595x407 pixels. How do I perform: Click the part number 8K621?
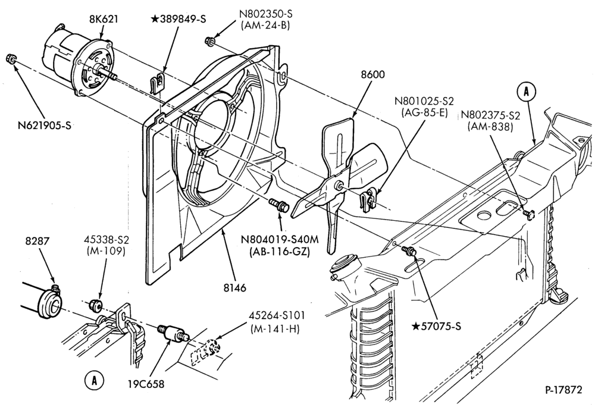pyautogui.click(x=103, y=18)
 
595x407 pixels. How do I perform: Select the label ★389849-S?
pyautogui.click(x=178, y=19)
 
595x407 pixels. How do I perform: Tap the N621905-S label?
pyautogui.click(x=45, y=125)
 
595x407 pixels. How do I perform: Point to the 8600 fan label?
pyautogui.click(x=372, y=74)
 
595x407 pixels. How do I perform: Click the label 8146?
pyautogui.click(x=234, y=288)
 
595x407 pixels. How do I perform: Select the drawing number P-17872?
pyautogui.click(x=563, y=390)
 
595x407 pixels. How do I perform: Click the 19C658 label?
pyautogui.click(x=146, y=384)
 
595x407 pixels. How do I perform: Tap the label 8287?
pyautogui.click(x=37, y=241)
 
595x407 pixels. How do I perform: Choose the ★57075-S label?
pyautogui.click(x=436, y=326)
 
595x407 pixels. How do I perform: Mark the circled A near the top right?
pyautogui.click(x=526, y=92)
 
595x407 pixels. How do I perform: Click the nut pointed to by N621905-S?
pyautogui.click(x=11, y=59)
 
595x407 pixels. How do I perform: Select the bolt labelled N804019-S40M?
pyautogui.click(x=279, y=205)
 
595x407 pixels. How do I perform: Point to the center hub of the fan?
pyautogui.click(x=338, y=186)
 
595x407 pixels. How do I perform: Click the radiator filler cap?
pyautogui.click(x=343, y=265)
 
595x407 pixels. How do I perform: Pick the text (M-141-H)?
pyautogui.click(x=275, y=329)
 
